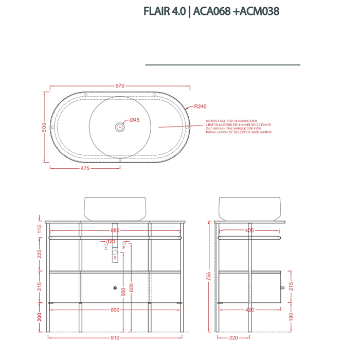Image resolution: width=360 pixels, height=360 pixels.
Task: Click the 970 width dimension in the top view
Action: pos(119,86)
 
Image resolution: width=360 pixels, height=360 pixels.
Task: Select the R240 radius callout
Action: pos(200,106)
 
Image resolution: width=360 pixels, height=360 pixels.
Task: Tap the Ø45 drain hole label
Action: pos(135,120)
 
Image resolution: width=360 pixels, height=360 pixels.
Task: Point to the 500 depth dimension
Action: pos(45,130)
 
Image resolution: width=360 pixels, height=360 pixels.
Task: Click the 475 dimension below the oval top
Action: pos(85,168)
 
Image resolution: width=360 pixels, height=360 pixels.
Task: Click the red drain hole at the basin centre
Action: pos(120,126)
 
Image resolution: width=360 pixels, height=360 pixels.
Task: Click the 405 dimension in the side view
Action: pos(249,231)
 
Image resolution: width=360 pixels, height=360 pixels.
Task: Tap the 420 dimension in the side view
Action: pos(249,310)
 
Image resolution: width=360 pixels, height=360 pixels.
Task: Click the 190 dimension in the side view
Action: pos(291,315)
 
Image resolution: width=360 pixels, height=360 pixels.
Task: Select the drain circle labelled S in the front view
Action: pos(115,258)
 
